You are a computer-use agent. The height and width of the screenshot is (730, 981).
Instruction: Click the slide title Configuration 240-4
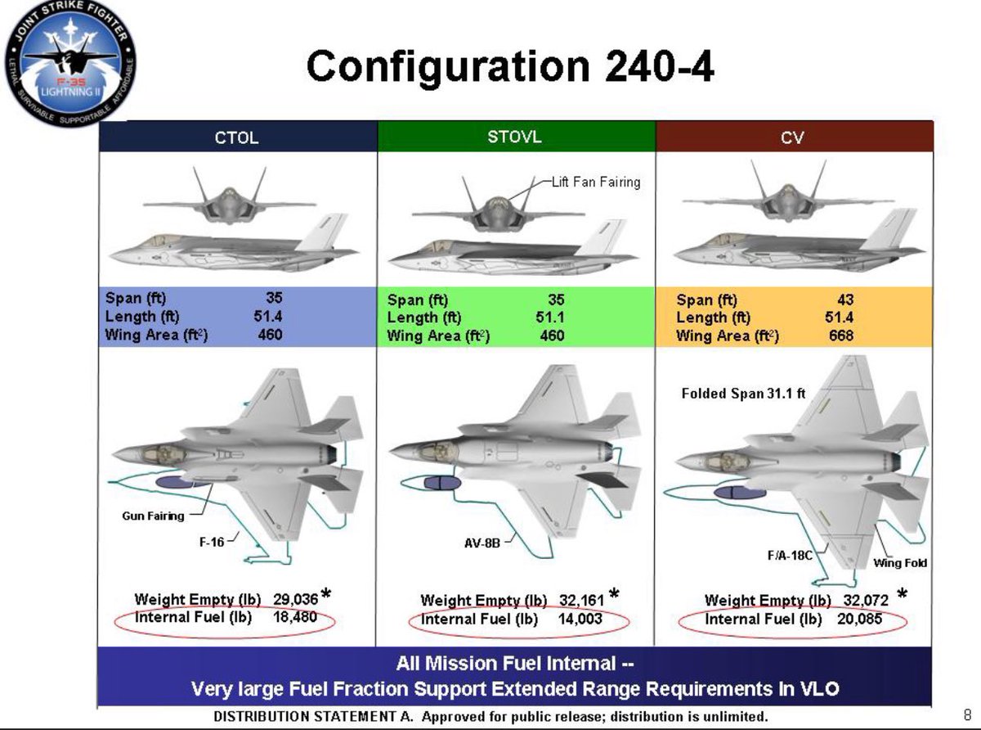pyautogui.click(x=509, y=65)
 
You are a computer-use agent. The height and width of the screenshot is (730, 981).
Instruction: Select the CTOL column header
pyautogui.click(x=236, y=137)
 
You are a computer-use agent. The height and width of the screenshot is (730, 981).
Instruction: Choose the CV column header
pyautogui.click(x=792, y=137)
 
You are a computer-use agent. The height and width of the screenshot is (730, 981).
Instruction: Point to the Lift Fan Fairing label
pyautogui.click(x=595, y=182)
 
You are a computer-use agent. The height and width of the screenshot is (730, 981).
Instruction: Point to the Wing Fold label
pyautogui.click(x=900, y=563)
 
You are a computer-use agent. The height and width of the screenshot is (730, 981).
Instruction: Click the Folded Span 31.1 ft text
pyautogui.click(x=743, y=394)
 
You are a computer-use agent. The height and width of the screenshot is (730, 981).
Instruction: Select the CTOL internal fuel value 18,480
pyautogui.click(x=294, y=616)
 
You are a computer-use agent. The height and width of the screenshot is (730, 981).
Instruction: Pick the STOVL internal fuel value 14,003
pyautogui.click(x=580, y=619)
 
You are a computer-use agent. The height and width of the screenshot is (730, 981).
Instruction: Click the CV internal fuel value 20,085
pyautogui.click(x=859, y=619)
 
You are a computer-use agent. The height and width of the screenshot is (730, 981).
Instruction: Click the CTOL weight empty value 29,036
pyautogui.click(x=294, y=599)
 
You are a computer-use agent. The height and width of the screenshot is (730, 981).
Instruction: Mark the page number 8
pyautogui.click(x=967, y=714)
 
